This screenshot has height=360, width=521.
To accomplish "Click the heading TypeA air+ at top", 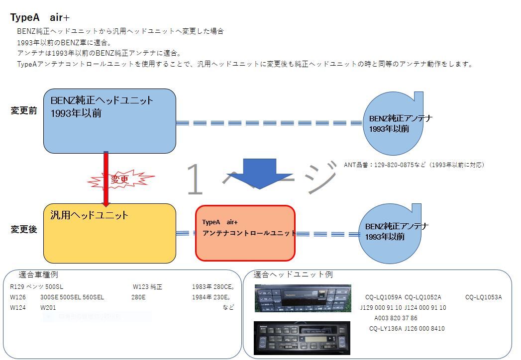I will (x=40, y=18).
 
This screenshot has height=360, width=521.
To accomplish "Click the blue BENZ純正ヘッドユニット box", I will (x=109, y=121).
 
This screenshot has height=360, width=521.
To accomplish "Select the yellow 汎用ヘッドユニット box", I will (x=109, y=233).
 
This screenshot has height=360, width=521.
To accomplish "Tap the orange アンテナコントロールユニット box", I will (x=245, y=233).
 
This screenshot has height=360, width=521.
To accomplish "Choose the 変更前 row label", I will (x=24, y=110).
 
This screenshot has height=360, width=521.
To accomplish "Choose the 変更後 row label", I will (x=24, y=230).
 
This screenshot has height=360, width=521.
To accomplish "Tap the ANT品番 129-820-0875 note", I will (x=414, y=165).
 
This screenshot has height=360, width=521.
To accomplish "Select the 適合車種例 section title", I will (x=38, y=274).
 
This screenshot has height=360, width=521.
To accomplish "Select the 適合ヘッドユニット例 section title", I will (x=293, y=274).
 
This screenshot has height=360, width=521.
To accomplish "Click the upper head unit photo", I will (x=303, y=298).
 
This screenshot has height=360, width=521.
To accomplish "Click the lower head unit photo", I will (x=302, y=338).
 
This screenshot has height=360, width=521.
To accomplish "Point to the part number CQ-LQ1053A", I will (x=483, y=297).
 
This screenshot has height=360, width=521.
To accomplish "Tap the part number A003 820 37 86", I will (x=396, y=318).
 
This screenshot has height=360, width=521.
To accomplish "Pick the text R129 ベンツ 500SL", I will (x=36, y=287).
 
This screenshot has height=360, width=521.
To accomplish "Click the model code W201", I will (x=48, y=307).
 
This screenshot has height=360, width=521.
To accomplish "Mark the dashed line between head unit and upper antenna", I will (x=269, y=123).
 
